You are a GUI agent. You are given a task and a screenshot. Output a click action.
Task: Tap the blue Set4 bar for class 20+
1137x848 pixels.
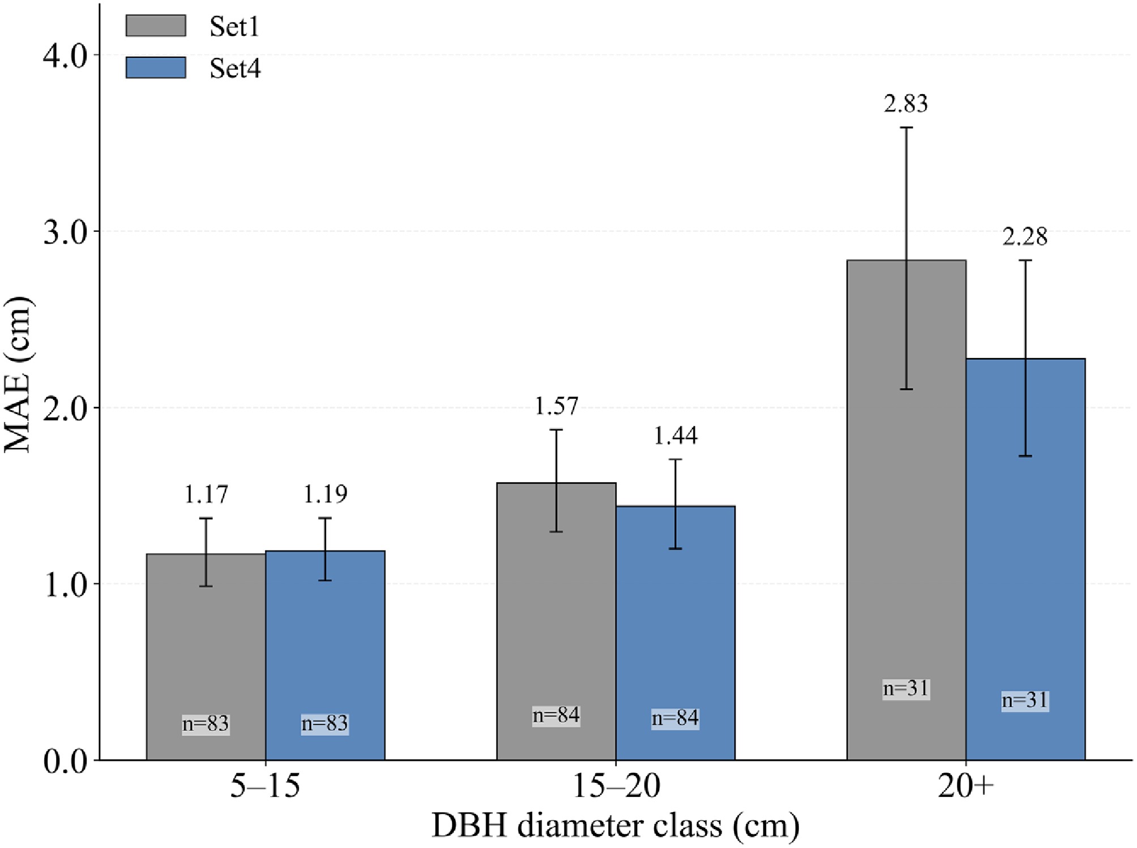[x=1025, y=566]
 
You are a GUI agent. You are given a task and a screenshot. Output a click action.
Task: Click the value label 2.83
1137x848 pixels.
[x=906, y=104]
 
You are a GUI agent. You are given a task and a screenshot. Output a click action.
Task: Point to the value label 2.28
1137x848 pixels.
[x=1025, y=237]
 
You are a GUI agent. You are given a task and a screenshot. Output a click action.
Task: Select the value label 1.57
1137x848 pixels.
[x=556, y=406]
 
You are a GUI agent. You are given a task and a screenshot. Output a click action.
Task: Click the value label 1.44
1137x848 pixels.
[x=676, y=436]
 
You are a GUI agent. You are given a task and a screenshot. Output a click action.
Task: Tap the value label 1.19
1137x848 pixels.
[x=325, y=495]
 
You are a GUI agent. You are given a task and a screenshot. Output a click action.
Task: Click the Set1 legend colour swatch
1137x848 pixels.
[x=156, y=25]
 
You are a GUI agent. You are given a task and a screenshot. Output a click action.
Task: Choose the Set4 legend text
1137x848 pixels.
[x=235, y=69]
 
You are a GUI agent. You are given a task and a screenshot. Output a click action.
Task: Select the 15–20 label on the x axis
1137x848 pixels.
[x=616, y=786]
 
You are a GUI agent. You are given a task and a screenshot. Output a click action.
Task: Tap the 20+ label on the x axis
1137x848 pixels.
[x=965, y=786]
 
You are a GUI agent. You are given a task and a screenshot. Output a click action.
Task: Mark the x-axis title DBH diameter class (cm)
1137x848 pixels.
[x=615, y=826]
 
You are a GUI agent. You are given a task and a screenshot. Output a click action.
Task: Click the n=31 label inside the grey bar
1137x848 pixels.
[x=906, y=689]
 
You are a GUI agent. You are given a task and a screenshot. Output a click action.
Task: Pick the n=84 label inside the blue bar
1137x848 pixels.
[x=676, y=718]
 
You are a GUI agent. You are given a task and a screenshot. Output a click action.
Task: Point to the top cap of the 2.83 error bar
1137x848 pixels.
[x=907, y=127]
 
